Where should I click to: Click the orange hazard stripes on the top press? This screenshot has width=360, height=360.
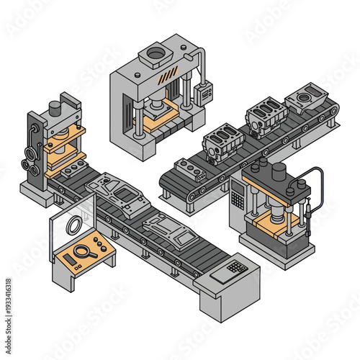[x=168, y=75]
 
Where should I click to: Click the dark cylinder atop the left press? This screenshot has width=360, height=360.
[x=54, y=108]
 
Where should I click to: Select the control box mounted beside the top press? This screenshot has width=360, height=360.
[x=204, y=91]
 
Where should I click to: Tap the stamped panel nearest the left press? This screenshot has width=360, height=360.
[x=117, y=192]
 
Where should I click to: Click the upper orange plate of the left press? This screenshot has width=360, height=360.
[x=64, y=135]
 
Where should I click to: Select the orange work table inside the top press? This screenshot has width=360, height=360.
[x=160, y=117]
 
